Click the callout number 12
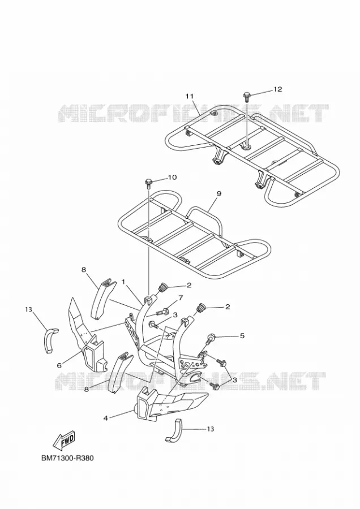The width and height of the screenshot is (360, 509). (277, 89)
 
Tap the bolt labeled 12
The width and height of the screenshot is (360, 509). (247, 97)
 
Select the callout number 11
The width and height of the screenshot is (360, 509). (190, 96)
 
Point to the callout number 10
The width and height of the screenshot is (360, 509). (172, 177)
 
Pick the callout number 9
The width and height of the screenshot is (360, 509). (218, 193)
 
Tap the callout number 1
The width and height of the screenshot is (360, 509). (123, 282)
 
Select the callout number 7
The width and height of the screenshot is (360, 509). (181, 297)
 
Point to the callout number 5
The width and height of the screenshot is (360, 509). (242, 336)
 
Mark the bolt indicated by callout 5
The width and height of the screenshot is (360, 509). (209, 339)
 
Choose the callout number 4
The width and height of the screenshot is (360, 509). (105, 418)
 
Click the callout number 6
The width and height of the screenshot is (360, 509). (59, 365)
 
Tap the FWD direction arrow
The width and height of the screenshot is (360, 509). (64, 439)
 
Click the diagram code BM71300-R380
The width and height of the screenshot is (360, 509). (67, 458)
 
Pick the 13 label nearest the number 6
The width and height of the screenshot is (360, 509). (28, 310)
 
